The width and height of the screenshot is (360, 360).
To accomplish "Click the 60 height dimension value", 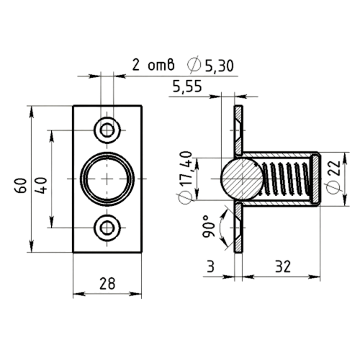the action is [x=21, y=185].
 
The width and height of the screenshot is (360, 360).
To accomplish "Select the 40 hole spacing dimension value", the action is [x=41, y=185].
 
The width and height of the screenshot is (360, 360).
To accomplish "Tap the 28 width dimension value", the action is [x=107, y=284].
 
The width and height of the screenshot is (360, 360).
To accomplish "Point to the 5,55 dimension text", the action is [x=187, y=86].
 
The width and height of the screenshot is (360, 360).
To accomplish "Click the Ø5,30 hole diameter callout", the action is [x=210, y=65].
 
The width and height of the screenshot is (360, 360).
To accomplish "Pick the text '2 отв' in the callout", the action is [x=153, y=65].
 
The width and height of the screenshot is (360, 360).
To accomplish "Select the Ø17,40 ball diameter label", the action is [x=185, y=178].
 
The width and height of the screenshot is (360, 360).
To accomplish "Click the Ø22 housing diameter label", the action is [x=333, y=176].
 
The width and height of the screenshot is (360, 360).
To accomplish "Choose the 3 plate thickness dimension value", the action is [x=210, y=266].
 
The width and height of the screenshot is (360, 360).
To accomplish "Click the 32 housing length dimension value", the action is [x=283, y=266].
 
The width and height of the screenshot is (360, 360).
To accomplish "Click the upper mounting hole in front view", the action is [x=107, y=130].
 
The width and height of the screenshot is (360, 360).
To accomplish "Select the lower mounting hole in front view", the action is [x=107, y=228].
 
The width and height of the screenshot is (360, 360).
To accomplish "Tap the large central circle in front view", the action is [x=107, y=153].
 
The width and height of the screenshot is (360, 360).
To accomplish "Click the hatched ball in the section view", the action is [x=242, y=179].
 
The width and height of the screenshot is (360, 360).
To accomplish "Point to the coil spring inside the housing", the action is [x=286, y=179].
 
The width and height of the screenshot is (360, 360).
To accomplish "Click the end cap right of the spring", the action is [x=315, y=179].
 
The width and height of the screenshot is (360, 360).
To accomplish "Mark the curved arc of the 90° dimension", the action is [x=221, y=227].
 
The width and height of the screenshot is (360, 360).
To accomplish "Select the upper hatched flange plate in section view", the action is [x=238, y=130].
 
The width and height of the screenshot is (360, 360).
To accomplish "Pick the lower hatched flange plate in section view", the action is [x=238, y=228].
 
